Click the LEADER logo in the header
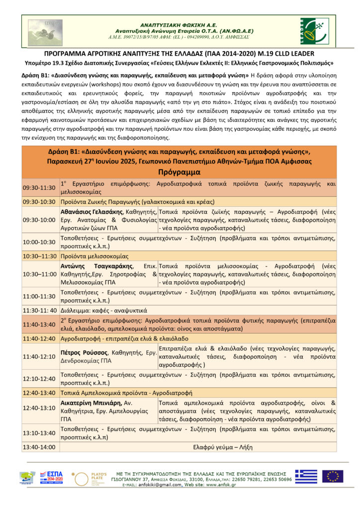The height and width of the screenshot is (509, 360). coord(314,31)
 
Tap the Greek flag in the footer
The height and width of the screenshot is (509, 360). coord(306,476)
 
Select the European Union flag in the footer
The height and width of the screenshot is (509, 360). coord(332,476)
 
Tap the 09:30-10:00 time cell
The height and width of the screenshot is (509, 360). coord(39,220)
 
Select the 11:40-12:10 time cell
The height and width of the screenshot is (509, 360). coord(39,356)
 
